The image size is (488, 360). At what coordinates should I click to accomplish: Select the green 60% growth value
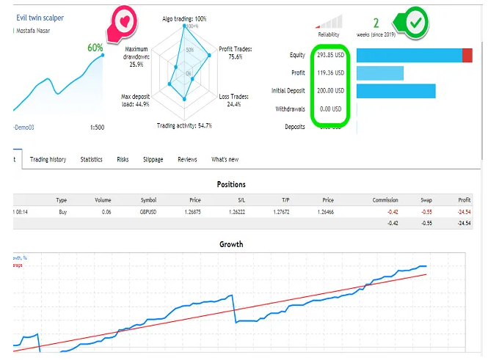(x=95, y=48)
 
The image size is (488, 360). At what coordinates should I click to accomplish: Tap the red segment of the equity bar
(x=467, y=56)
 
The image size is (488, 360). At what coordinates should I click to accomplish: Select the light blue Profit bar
(x=379, y=73)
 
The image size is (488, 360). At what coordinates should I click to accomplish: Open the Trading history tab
(x=48, y=159)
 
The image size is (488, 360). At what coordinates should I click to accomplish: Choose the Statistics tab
(x=91, y=159)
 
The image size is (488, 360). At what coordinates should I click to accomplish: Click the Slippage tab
(x=153, y=159)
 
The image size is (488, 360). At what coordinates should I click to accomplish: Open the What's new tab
(x=225, y=159)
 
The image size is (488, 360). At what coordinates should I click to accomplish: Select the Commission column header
(x=385, y=199)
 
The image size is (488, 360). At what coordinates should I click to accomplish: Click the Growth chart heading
(x=232, y=244)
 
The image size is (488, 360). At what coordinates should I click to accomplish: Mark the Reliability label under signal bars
(x=329, y=34)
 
